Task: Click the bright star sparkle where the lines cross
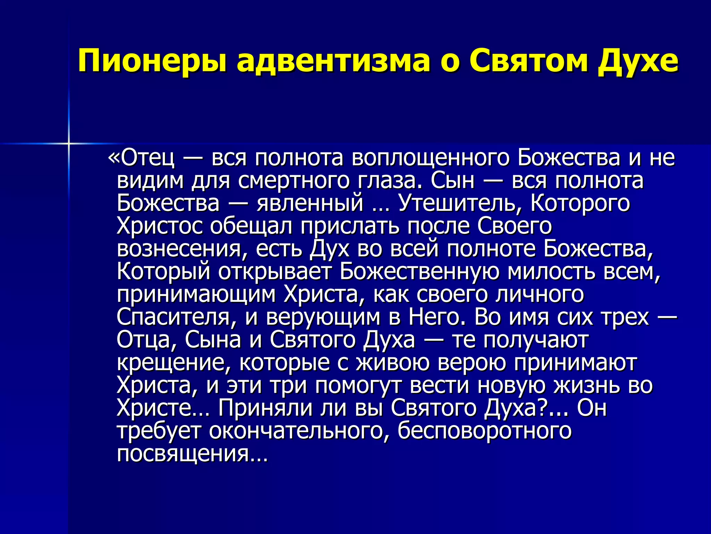pos(69,143)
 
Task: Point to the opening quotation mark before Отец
pos(114,158)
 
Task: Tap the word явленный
pos(310,203)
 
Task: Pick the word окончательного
pos(299,431)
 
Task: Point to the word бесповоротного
pos(484,431)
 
